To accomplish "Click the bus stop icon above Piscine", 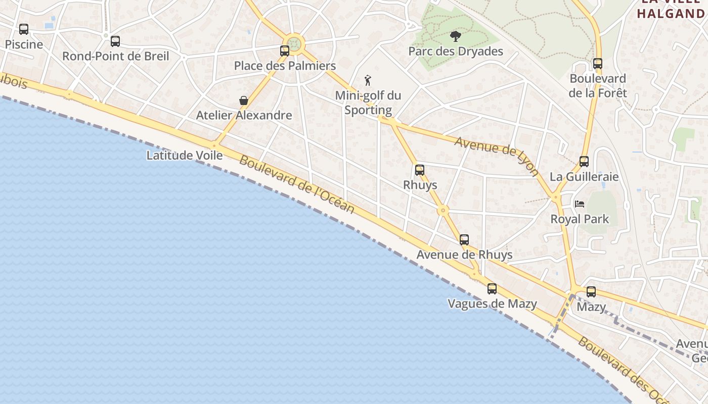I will pyautogui.click(x=24, y=29).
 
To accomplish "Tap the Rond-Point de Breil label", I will pyautogui.click(x=115, y=56).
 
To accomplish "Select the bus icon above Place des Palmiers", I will pyautogui.click(x=285, y=51).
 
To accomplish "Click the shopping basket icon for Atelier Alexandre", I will pyautogui.click(x=244, y=100).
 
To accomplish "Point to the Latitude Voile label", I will pyautogui.click(x=184, y=155).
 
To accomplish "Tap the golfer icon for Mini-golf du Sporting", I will pyautogui.click(x=368, y=80).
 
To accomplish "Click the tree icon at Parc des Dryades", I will pyautogui.click(x=456, y=36).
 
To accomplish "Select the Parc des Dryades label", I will pyautogui.click(x=456, y=52).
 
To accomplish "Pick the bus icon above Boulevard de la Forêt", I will pyautogui.click(x=598, y=64).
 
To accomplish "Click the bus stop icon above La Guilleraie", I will pyautogui.click(x=584, y=162).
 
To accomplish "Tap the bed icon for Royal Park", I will pyautogui.click(x=580, y=204).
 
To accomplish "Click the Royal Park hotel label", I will pyautogui.click(x=580, y=219).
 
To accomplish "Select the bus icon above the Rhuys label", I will pyautogui.click(x=420, y=170).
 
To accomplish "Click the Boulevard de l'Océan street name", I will pyautogui.click(x=297, y=184).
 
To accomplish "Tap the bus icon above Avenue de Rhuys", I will pyautogui.click(x=464, y=240).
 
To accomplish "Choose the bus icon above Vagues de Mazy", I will pyautogui.click(x=492, y=289).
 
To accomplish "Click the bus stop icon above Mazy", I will pyautogui.click(x=591, y=292).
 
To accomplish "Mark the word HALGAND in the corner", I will pyautogui.click(x=671, y=14).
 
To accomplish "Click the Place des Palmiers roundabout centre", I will pyautogui.click(x=294, y=44).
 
